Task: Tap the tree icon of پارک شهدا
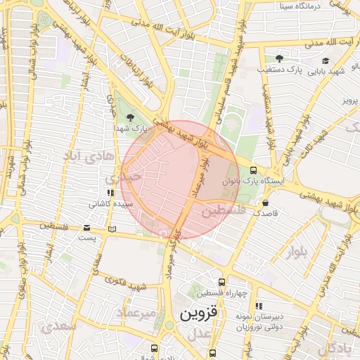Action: [129, 117]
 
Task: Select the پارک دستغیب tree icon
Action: [279, 58]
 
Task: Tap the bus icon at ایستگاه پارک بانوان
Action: [253, 170]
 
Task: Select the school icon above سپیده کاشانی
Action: [110, 193]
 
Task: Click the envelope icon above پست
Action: [87, 228]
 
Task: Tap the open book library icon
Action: [112, 229]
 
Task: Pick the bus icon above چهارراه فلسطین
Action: [222, 282]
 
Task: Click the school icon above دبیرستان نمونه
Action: [258, 306]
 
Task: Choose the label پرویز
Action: [350, 101]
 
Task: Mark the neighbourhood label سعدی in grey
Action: [58, 327]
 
